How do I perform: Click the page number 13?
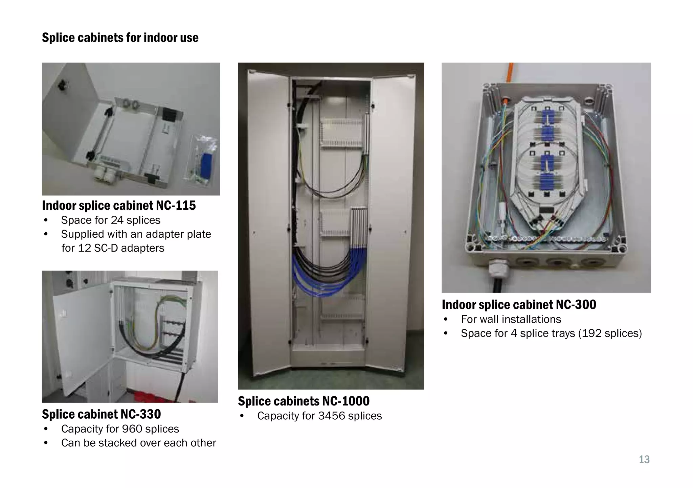644,460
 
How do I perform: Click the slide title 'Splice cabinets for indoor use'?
120,38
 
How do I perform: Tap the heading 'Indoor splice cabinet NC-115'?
119,206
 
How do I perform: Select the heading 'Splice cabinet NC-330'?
101,414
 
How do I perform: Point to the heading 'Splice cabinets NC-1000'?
304,401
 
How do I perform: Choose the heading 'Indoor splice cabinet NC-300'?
519,305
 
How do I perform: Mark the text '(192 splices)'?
610,333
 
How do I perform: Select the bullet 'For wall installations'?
511,320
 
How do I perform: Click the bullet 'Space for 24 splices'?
111,220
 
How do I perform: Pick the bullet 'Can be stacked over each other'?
138,443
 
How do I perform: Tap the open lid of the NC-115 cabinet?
71,108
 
